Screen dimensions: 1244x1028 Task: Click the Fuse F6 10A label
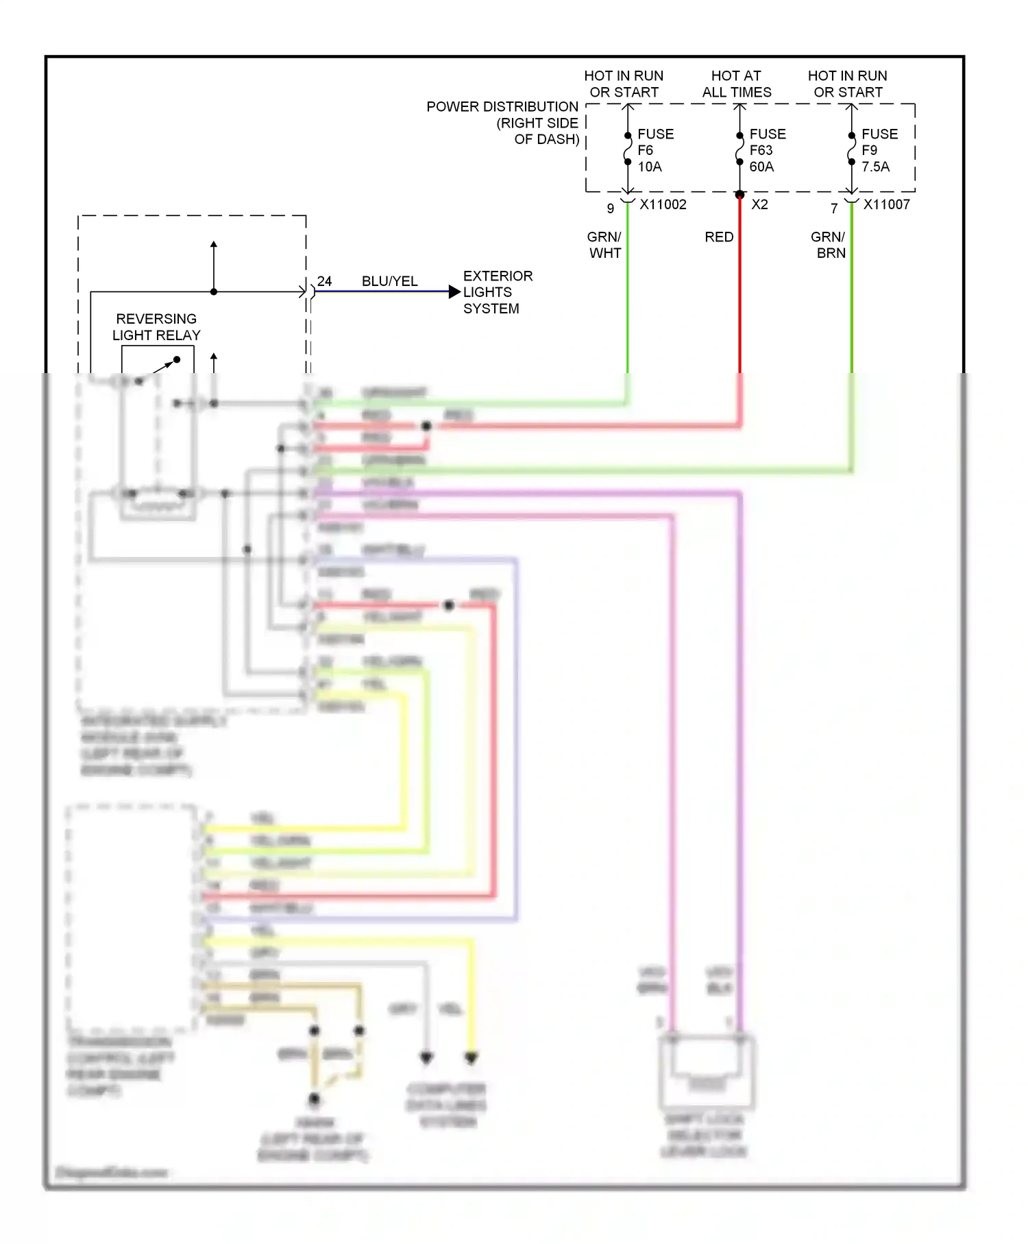click(x=654, y=150)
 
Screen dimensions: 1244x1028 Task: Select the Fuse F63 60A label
click(x=766, y=150)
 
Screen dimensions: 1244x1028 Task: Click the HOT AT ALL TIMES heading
click(x=736, y=84)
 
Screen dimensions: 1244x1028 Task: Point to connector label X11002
click(x=662, y=204)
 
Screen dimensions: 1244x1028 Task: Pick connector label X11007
click(x=886, y=204)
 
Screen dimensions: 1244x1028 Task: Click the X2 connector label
click(x=759, y=204)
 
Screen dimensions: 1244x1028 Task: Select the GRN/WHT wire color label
click(x=604, y=245)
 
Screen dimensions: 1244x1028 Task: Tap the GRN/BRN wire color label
click(x=829, y=245)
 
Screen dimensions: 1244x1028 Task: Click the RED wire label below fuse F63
click(x=719, y=237)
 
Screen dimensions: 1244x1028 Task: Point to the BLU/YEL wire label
click(x=389, y=281)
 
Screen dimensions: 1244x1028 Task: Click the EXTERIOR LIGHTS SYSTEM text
click(x=497, y=292)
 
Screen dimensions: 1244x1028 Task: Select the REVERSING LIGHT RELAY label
click(x=156, y=327)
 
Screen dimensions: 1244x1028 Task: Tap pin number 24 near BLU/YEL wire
click(x=324, y=281)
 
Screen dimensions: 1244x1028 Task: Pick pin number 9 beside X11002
click(x=610, y=208)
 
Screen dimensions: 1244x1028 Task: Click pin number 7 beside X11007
click(x=834, y=208)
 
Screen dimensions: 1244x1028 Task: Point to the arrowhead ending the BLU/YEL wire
click(x=454, y=292)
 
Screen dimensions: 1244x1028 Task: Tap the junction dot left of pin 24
click(x=214, y=292)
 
